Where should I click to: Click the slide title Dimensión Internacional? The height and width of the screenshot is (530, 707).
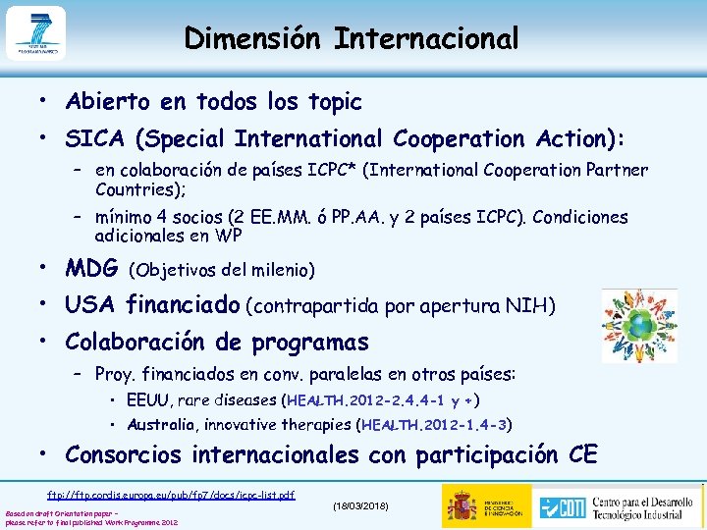pos(352,38)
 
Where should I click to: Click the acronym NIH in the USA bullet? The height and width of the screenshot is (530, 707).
pos(535,307)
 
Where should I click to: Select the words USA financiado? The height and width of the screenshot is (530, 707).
pos(152,306)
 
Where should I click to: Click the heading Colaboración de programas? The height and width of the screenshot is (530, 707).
pos(217,343)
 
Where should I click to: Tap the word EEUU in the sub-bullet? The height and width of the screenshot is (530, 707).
pos(146,400)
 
